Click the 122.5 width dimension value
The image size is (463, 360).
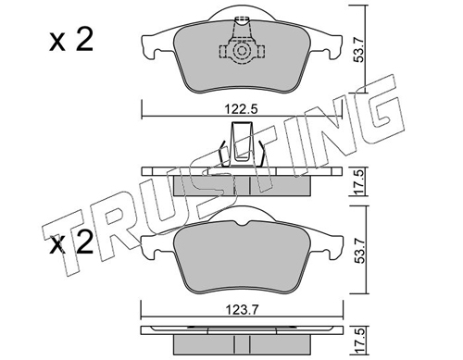tap(241, 109)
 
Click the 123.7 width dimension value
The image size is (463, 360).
tap(241, 309)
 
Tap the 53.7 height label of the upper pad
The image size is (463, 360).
tap(359, 48)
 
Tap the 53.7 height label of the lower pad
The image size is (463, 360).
tap(359, 249)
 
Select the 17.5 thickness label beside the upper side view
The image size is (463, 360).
tap(359, 182)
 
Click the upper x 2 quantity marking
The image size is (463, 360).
tap(71, 41)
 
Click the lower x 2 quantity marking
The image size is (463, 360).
tap(71, 242)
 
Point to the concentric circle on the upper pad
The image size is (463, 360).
tap(241, 51)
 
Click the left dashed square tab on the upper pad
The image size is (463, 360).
tap(223, 51)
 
